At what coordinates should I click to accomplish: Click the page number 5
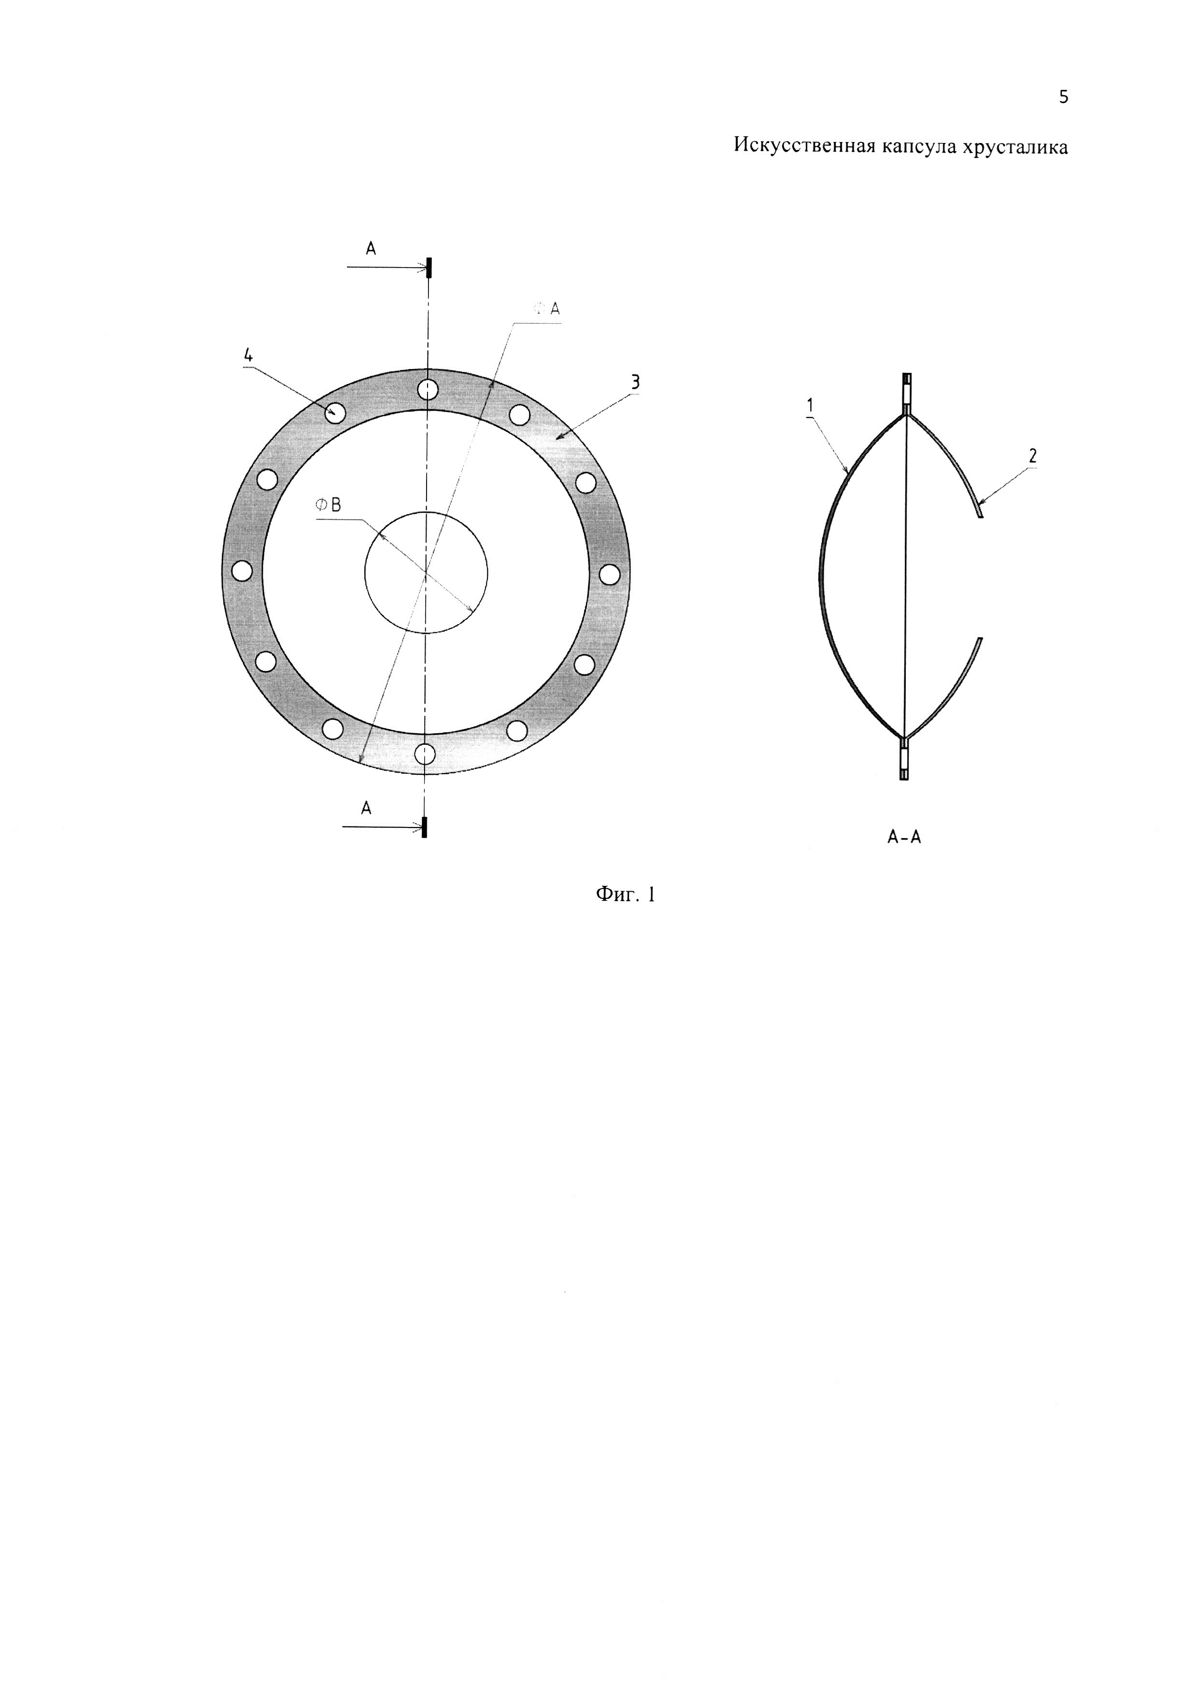point(1063,97)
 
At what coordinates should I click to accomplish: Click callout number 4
point(249,355)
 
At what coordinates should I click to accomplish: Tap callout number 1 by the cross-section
point(809,404)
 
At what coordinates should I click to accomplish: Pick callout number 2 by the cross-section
point(1033,456)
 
